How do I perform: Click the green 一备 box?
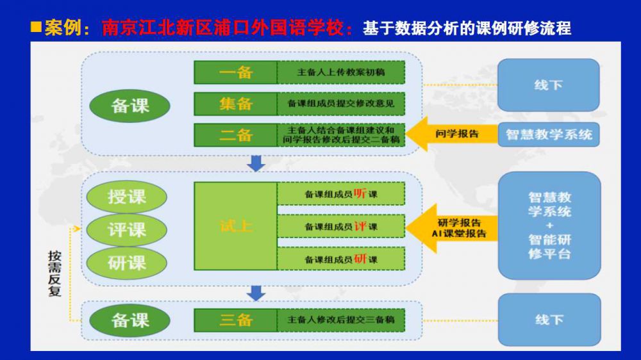pyautogui.click(x=235, y=72)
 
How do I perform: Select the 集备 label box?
pyautogui.click(x=235, y=104)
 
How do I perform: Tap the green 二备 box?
pyautogui.click(x=235, y=135)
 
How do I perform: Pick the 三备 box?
pyautogui.click(x=235, y=320)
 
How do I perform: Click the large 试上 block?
pyautogui.click(x=235, y=225)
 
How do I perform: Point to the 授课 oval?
pyautogui.click(x=126, y=196)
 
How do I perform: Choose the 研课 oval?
pyautogui.click(x=126, y=262)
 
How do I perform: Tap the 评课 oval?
pyautogui.click(x=126, y=229)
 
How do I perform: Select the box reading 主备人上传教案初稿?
pyautogui.click(x=341, y=72)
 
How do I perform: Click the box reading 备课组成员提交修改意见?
pyautogui.click(x=341, y=104)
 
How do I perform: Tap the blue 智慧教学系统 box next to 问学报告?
pyautogui.click(x=549, y=135)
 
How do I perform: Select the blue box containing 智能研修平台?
pyautogui.click(x=549, y=225)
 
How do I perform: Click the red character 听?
pyautogui.click(x=360, y=193)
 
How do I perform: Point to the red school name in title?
pyautogui.click(x=224, y=28)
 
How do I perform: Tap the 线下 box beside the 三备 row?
pyautogui.click(x=549, y=319)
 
